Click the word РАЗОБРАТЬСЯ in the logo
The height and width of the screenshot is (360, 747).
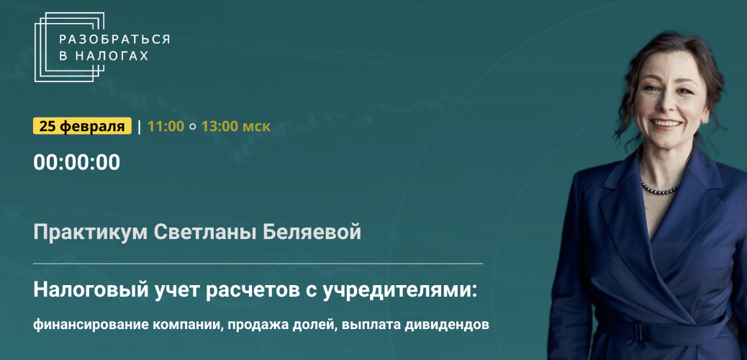click(x=114, y=40)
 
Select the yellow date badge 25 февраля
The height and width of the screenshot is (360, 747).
click(x=83, y=126)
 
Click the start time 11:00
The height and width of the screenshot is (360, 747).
click(x=166, y=126)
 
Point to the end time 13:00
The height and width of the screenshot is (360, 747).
click(x=219, y=126)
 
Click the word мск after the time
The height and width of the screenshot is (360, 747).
click(x=257, y=127)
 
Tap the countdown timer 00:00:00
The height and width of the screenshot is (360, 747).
click(x=77, y=163)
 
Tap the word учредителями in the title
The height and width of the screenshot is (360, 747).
click(x=399, y=291)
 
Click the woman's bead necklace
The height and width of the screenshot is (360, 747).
click(x=659, y=188)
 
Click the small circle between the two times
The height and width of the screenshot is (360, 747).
click(x=192, y=127)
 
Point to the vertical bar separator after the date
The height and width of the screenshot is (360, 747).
click(x=139, y=126)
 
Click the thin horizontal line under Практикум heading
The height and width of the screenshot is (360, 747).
click(x=258, y=264)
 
